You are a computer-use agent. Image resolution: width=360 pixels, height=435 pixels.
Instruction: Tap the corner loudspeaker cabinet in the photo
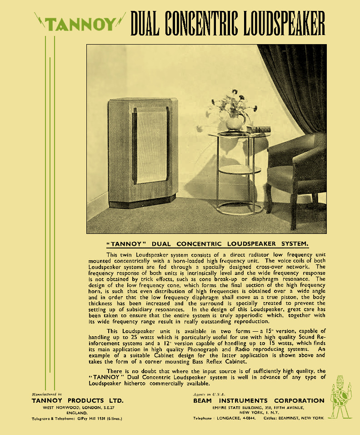point(142,152)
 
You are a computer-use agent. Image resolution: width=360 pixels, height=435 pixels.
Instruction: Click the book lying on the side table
point(258,130)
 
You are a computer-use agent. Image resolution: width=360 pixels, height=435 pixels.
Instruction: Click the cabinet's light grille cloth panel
point(151,145)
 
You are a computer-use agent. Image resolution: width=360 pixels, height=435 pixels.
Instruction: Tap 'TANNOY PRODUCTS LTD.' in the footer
point(77,400)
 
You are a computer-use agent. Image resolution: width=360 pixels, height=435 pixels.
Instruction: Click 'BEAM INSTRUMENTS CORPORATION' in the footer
point(259,400)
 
